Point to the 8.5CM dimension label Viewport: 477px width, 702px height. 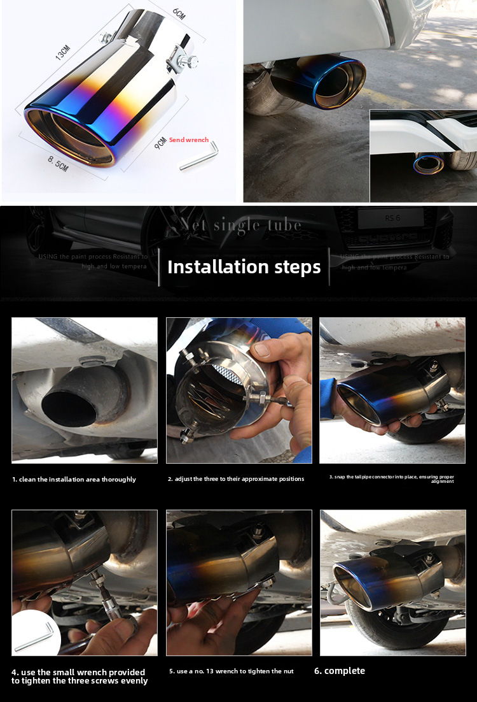coord(57,165)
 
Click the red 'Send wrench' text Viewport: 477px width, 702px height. coord(189,140)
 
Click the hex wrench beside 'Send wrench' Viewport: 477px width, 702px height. coord(199,156)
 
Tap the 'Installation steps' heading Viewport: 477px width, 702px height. coord(244,267)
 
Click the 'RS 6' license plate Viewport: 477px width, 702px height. coord(390,218)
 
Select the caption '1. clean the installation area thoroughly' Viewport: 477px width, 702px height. coord(74,479)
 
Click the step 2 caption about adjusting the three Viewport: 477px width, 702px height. coord(236,478)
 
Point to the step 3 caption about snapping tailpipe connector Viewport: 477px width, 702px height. coord(391,478)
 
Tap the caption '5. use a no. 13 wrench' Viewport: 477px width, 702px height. coord(232,671)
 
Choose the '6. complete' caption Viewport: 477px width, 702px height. coord(340,671)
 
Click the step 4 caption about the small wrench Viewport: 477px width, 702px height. coord(79,677)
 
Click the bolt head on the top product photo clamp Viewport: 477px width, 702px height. coord(189,62)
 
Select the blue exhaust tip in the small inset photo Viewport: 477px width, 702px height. coord(428,164)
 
